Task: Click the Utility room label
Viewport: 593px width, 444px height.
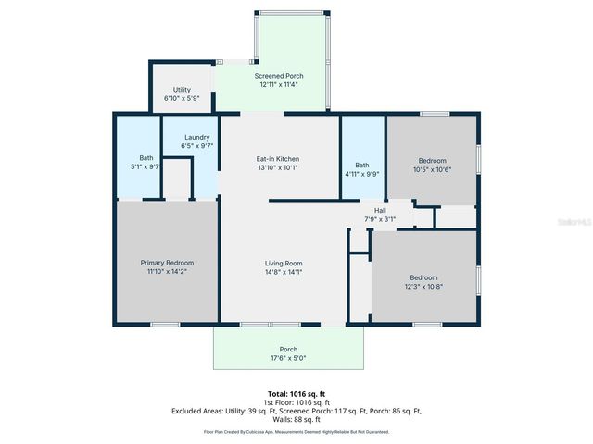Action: pyautogui.click(x=182, y=90)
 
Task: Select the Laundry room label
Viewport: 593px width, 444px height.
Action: pyautogui.click(x=197, y=137)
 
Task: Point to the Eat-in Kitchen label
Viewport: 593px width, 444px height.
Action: pyautogui.click(x=278, y=159)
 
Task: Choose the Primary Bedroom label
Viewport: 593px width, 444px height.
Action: pyautogui.click(x=167, y=263)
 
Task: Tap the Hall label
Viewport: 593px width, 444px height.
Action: pyautogui.click(x=380, y=210)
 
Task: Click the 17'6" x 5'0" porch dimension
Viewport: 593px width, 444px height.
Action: pyautogui.click(x=287, y=358)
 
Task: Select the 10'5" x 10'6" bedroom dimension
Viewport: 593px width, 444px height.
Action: pyautogui.click(x=432, y=169)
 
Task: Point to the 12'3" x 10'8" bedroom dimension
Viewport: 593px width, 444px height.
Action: pyautogui.click(x=424, y=287)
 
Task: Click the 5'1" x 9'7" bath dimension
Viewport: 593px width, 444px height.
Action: pyautogui.click(x=146, y=167)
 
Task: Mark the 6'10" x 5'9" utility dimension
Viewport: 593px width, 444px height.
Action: pyautogui.click(x=182, y=98)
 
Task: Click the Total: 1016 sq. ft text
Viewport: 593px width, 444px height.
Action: pyautogui.click(x=296, y=393)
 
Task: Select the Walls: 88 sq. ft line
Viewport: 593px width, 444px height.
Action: pyautogui.click(x=296, y=418)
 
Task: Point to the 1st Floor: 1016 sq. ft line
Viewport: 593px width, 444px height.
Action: pyautogui.click(x=296, y=401)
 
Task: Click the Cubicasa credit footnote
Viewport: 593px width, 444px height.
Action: pyautogui.click(x=296, y=431)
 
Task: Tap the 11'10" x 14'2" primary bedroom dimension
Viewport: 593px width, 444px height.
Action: pyautogui.click(x=167, y=272)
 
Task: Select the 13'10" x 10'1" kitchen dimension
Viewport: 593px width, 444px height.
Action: pyautogui.click(x=278, y=168)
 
